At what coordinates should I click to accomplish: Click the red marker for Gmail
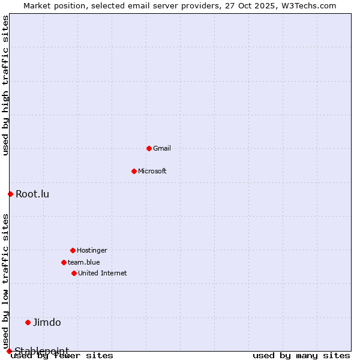pyautogui.click(x=149, y=148)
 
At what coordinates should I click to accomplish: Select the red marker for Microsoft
pyautogui.click(x=134, y=171)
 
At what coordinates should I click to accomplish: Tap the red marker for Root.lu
pyautogui.click(x=10, y=194)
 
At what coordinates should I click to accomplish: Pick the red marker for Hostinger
pyautogui.click(x=73, y=250)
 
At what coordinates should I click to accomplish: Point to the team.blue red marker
pyautogui.click(x=64, y=262)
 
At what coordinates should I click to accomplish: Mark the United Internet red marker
pyautogui.click(x=74, y=273)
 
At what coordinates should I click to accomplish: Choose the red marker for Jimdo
pyautogui.click(x=28, y=322)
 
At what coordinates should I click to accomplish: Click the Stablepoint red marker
pyautogui.click(x=9, y=351)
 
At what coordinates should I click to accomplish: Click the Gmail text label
pyautogui.click(x=162, y=148)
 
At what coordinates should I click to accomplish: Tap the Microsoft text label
pyautogui.click(x=152, y=171)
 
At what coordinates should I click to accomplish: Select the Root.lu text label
pyautogui.click(x=32, y=194)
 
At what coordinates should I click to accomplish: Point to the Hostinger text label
pyautogui.click(x=92, y=250)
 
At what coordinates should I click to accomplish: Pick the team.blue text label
pyautogui.click(x=84, y=262)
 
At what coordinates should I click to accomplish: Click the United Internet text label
pyautogui.click(x=103, y=273)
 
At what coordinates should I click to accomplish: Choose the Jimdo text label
pyautogui.click(x=47, y=322)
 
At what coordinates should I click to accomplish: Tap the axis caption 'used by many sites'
pyautogui.click(x=301, y=356)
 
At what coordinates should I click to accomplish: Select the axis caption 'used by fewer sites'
pyautogui.click(x=62, y=356)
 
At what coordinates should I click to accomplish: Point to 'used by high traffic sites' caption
pyautogui.click(x=5, y=85)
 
